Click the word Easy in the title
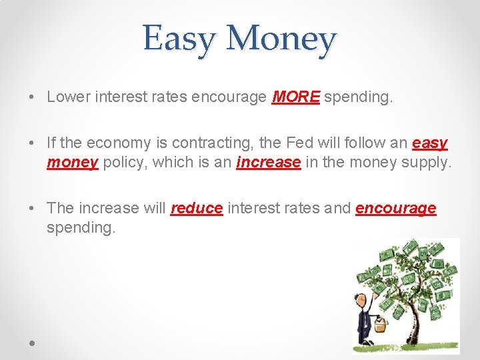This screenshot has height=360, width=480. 179,39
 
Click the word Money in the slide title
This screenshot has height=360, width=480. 281,39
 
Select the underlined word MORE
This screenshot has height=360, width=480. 297,97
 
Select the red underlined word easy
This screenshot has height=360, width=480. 430,143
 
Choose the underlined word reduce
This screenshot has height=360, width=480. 197,208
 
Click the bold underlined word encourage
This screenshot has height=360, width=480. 396,208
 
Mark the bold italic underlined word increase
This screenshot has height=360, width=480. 269,162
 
